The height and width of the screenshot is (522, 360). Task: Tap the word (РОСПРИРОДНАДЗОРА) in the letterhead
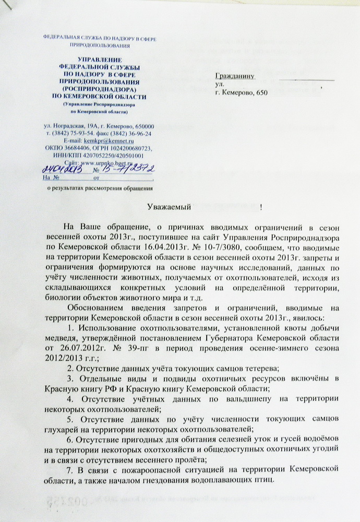pos(98,89)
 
